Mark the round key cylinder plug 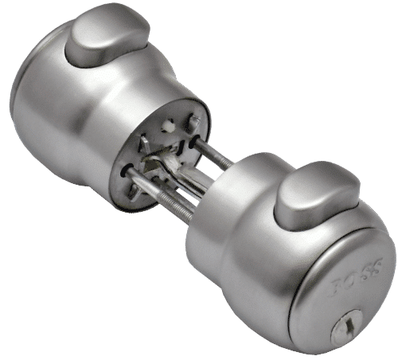[347, 322]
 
